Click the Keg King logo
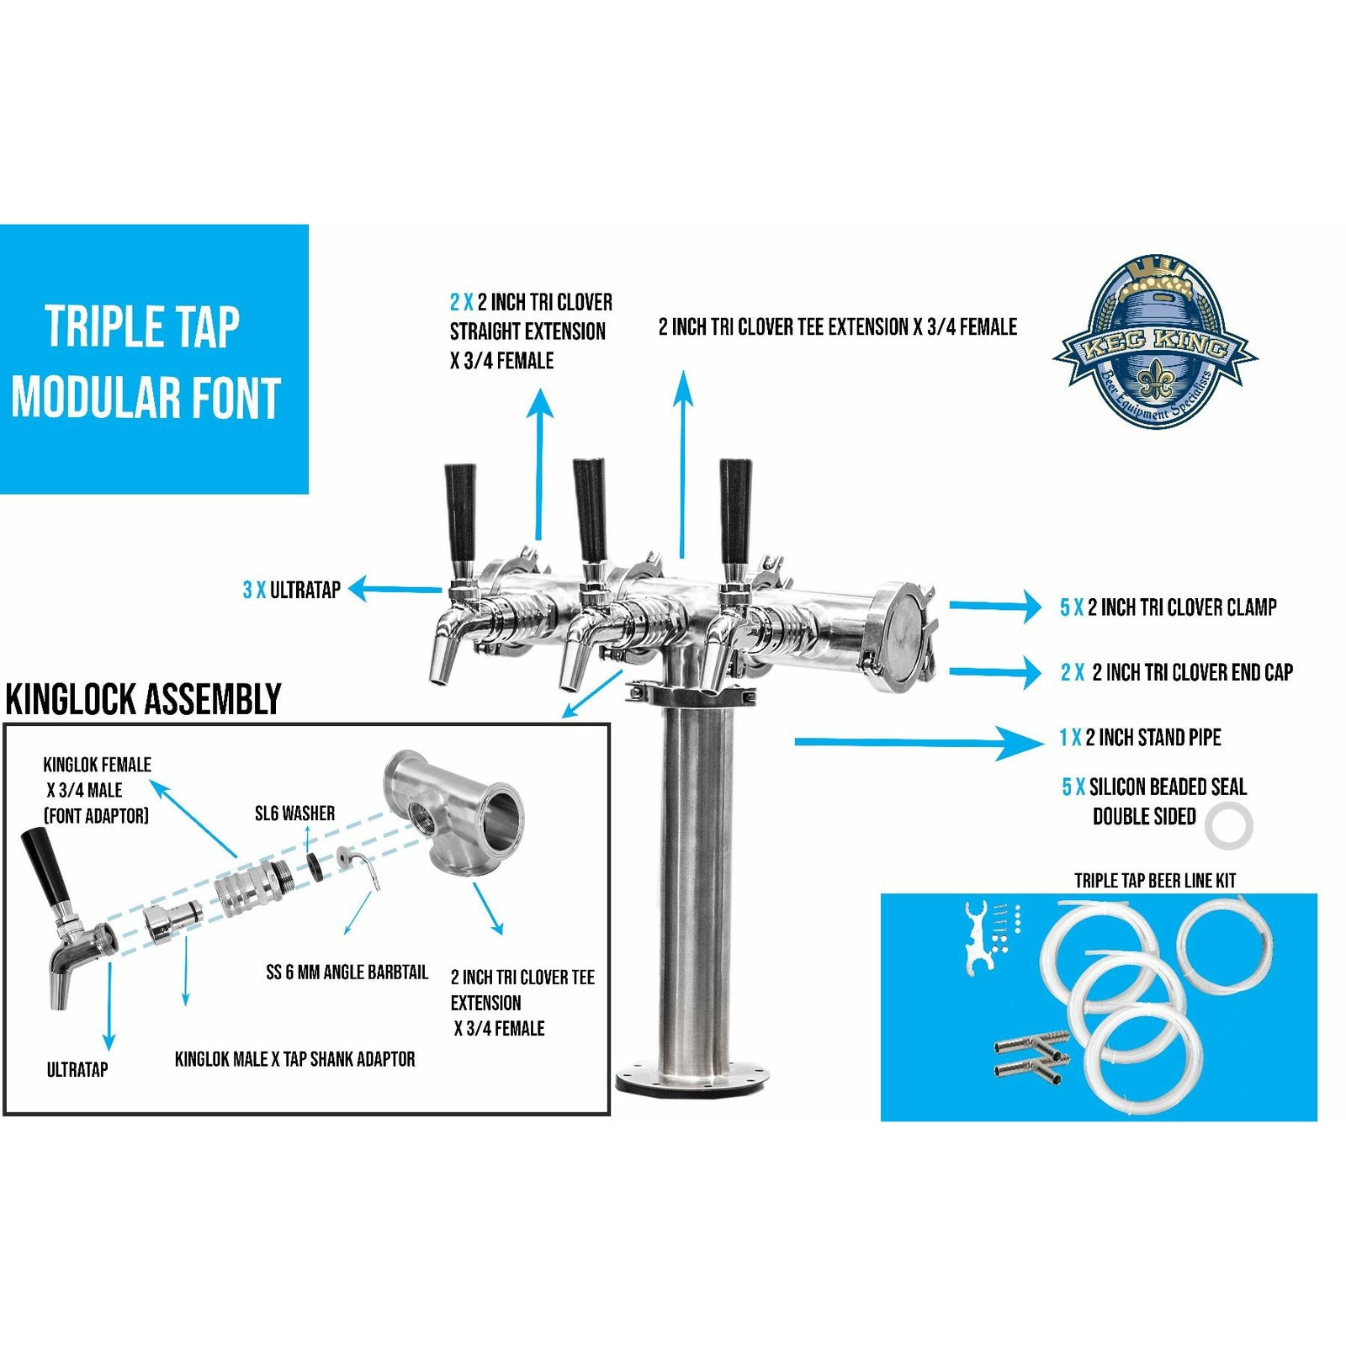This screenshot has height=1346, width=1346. [x=1155, y=341]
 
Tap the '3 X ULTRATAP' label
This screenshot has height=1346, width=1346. [x=292, y=590]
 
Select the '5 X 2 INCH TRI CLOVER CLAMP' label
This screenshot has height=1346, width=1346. [x=1168, y=607]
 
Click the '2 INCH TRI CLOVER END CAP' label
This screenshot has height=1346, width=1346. [x=1193, y=672]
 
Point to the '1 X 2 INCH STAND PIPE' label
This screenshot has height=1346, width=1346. [x=1140, y=738]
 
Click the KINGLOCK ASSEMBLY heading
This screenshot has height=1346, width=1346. [x=143, y=699]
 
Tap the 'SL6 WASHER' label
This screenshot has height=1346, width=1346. [x=294, y=813]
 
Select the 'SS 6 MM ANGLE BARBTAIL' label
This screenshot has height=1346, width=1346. [x=347, y=972]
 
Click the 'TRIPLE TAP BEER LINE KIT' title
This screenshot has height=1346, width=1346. [x=1155, y=881]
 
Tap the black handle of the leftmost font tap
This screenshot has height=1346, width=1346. [x=460, y=512]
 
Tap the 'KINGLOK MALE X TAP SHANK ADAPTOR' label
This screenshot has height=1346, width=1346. [x=294, y=1059]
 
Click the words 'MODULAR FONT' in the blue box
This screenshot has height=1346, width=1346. [x=145, y=398]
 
